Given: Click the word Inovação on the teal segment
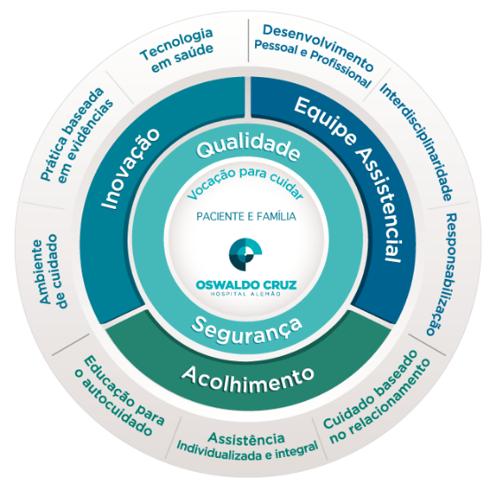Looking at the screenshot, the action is tap(131, 168).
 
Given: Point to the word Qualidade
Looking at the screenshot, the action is tap(248, 148).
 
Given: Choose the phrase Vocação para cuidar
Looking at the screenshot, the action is tap(245, 184).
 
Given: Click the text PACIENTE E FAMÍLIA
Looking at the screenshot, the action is tap(246, 216).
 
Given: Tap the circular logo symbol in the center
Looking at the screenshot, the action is tap(245, 255).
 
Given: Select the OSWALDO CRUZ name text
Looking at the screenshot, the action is tap(246, 285).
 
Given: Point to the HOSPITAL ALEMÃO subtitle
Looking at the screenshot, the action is tap(246, 294).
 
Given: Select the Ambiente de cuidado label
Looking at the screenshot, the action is tap(49, 271).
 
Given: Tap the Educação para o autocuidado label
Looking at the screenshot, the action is tap(120, 396).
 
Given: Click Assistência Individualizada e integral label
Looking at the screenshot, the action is tap(247, 446).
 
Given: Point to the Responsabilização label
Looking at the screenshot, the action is tap(442, 274).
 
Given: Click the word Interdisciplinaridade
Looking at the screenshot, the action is tap(416, 142).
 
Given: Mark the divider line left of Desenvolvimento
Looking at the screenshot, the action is tap(249, 41).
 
